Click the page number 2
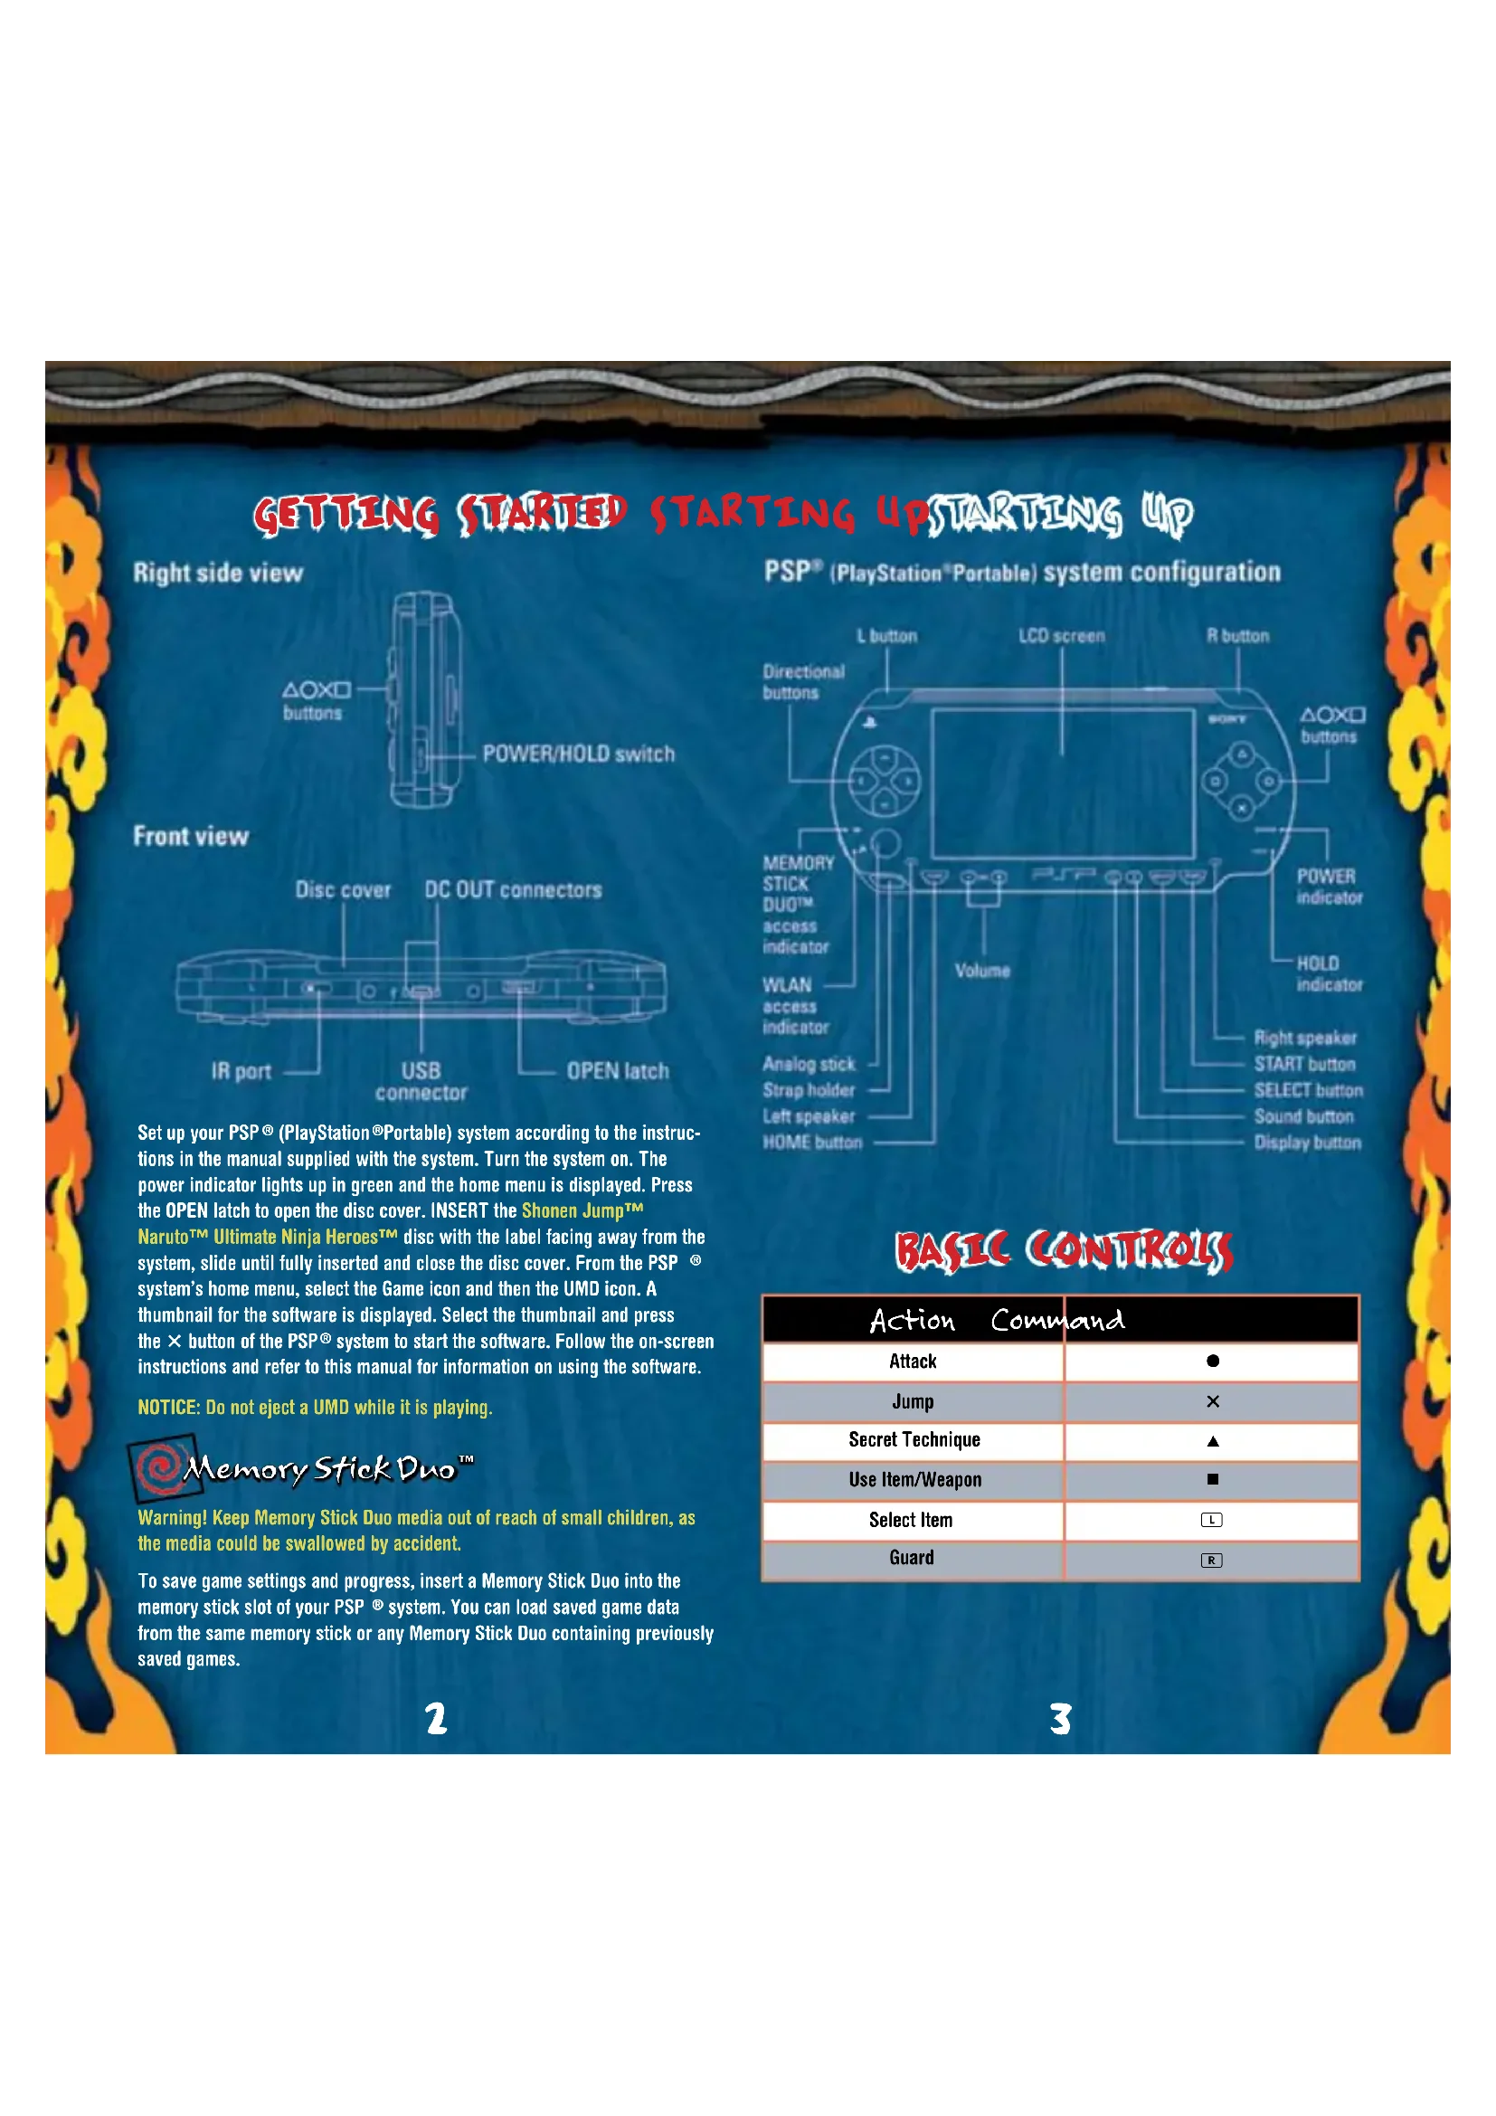[x=436, y=1719]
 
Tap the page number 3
[x=1060, y=1719]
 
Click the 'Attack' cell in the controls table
[x=912, y=1362]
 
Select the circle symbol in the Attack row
[x=1212, y=1362]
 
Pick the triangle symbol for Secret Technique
[x=1212, y=1441]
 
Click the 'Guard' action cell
[x=911, y=1558]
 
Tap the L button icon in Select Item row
[x=1211, y=1520]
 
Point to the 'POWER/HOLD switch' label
[x=579, y=754]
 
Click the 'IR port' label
[x=241, y=1071]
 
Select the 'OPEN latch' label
[x=617, y=1071]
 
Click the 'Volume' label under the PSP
[x=982, y=971]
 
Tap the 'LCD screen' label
[x=1061, y=636]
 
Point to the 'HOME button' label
[x=812, y=1143]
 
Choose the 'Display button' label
[x=1307, y=1143]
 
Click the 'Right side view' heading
[x=218, y=574]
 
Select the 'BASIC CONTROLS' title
[x=1064, y=1250]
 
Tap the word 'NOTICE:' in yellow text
[x=168, y=1408]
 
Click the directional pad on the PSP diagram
[x=884, y=782]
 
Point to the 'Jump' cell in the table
[x=912, y=1401]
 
